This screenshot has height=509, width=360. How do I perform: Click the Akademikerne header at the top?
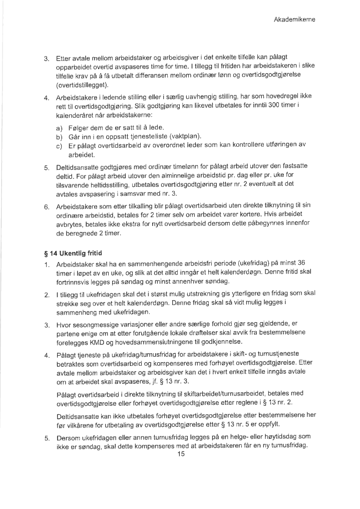(297, 20)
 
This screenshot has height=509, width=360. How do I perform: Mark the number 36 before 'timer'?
(301, 263)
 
